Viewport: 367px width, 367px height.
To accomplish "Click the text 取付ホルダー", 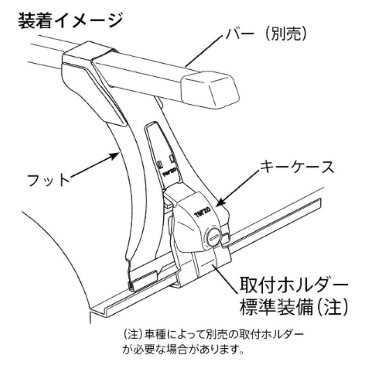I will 293,285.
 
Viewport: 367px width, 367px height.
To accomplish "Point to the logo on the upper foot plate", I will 167,173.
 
